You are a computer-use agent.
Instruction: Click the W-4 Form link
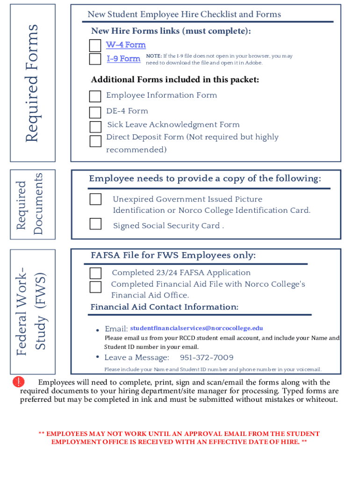pos(126,45)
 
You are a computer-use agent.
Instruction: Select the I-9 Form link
pos(123,58)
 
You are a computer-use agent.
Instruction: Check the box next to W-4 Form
pos(95,45)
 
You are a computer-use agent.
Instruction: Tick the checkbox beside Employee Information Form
pos(95,96)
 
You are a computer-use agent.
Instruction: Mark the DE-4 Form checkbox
pos(95,112)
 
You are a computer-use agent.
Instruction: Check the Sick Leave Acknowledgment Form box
pos(95,127)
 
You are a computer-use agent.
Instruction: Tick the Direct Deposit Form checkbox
pos(95,141)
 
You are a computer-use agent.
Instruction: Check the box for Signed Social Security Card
pos(95,224)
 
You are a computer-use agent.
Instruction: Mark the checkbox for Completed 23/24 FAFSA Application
pos(95,273)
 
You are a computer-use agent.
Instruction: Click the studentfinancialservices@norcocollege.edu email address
pos(196,328)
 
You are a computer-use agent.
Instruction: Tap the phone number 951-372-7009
pos(207,358)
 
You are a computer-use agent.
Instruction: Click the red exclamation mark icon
pos(18,382)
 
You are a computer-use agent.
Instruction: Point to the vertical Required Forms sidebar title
pos(32,84)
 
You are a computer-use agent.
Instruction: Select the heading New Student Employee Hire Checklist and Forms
pos(184,15)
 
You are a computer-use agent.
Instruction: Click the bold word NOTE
pos(154,56)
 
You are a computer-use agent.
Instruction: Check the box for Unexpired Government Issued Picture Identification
pos(95,199)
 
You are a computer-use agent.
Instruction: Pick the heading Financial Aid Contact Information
pos(164,307)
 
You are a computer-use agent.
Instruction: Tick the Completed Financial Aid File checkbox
pos(95,287)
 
